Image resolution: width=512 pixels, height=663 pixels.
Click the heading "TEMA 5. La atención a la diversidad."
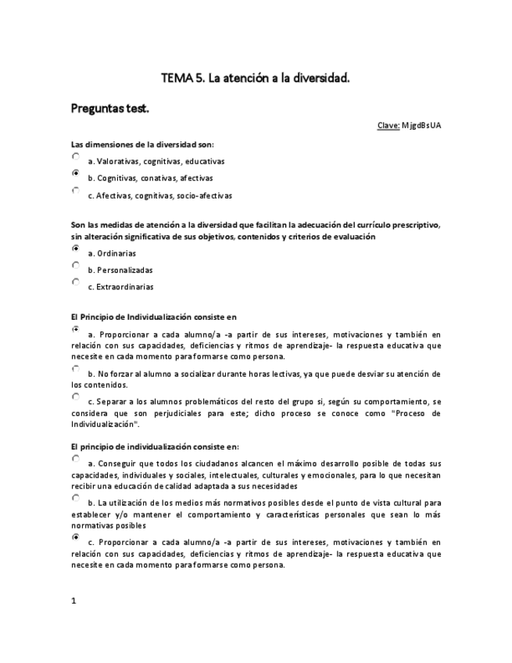pos(255,78)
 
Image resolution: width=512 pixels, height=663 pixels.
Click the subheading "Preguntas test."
pos(109,108)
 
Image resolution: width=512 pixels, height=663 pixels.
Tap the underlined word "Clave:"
pos(388,125)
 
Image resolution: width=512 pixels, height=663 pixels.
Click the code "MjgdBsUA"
pos(421,125)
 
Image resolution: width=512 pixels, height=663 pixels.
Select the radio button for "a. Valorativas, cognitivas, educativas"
pos(76,157)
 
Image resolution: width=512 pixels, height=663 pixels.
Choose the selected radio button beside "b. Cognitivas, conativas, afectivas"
pos(76,174)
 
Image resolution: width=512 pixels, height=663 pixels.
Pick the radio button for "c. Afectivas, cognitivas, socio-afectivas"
pos(76,191)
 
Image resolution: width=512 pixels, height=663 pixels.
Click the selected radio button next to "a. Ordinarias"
pos(76,249)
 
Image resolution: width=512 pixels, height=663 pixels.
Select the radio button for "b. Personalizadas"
pos(76,266)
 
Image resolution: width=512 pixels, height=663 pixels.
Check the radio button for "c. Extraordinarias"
pos(76,282)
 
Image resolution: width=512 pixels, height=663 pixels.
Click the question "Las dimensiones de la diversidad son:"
pos(142,144)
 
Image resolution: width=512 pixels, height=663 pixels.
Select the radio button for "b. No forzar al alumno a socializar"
pos(76,369)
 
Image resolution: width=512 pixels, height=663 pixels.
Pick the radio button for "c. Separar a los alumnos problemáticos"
pos(76,396)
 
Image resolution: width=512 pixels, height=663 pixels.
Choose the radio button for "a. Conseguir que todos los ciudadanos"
pos(76,459)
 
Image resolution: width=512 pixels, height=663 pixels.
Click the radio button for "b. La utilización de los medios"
pos(76,498)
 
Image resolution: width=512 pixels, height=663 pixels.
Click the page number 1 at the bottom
pos(73,600)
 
